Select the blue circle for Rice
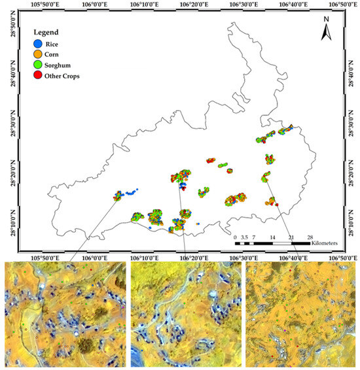[37, 43]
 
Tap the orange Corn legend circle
[37, 54]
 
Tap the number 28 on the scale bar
[310, 236]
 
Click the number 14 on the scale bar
[272, 236]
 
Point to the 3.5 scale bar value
[244, 236]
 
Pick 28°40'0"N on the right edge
[354, 74]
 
